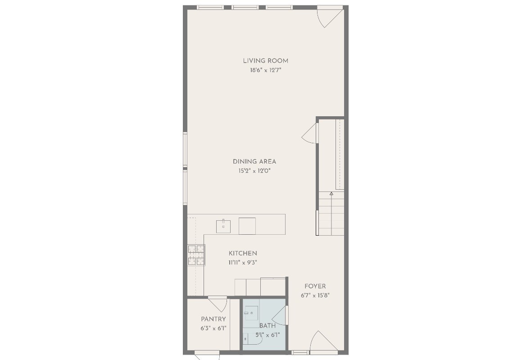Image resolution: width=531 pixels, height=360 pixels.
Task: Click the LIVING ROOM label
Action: (265, 61)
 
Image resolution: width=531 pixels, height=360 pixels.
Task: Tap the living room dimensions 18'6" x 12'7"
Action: (265, 70)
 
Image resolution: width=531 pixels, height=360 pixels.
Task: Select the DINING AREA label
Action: (254, 161)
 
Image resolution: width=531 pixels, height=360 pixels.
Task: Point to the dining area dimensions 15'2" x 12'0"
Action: (254, 171)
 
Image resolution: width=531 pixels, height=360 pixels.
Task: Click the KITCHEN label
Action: (243, 253)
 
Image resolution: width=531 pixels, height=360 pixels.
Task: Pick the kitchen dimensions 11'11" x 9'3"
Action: (243, 263)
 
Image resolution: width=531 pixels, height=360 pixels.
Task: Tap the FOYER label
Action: (315, 286)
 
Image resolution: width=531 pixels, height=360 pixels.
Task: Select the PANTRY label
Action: (213, 319)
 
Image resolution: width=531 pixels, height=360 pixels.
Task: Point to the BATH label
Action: (267, 325)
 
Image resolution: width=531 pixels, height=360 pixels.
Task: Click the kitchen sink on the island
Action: (223, 225)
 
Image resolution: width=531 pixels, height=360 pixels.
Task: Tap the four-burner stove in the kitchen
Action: (196, 255)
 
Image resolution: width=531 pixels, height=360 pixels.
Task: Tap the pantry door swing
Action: (219, 303)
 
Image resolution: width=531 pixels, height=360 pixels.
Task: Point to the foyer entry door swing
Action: (322, 341)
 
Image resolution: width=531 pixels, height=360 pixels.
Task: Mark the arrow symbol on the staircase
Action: (331, 194)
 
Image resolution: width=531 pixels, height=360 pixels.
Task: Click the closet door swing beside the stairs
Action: (310, 134)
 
